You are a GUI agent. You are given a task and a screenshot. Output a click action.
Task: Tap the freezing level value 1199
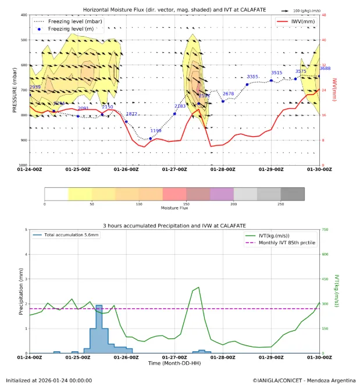point(156,131)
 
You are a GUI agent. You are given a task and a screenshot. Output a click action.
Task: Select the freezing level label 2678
point(228,94)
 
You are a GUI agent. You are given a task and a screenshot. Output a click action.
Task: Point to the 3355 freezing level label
point(252,77)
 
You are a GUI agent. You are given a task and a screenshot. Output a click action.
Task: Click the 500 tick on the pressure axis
point(24,40)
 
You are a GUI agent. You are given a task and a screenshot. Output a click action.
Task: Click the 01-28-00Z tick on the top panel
point(223,170)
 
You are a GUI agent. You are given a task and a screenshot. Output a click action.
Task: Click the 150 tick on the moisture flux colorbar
point(187,205)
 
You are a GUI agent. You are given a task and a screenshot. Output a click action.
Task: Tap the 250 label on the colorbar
point(281,205)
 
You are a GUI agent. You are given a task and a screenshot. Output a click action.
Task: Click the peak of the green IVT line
point(199,287)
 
